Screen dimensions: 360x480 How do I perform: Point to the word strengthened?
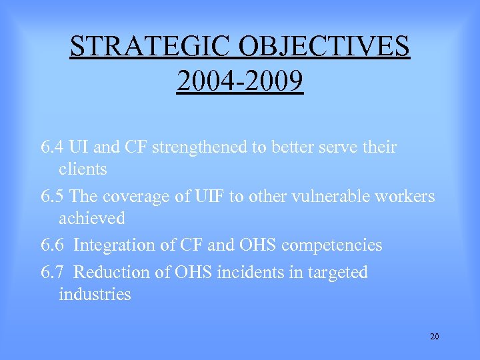[200, 147]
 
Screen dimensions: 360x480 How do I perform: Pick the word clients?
[83, 169]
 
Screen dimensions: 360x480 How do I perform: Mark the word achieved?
[92, 218]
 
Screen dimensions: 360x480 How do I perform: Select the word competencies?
[331, 245]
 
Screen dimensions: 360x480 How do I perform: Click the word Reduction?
[109, 273]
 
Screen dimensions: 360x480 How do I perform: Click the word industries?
[95, 294]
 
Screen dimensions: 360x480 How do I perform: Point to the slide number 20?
[435, 336]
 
